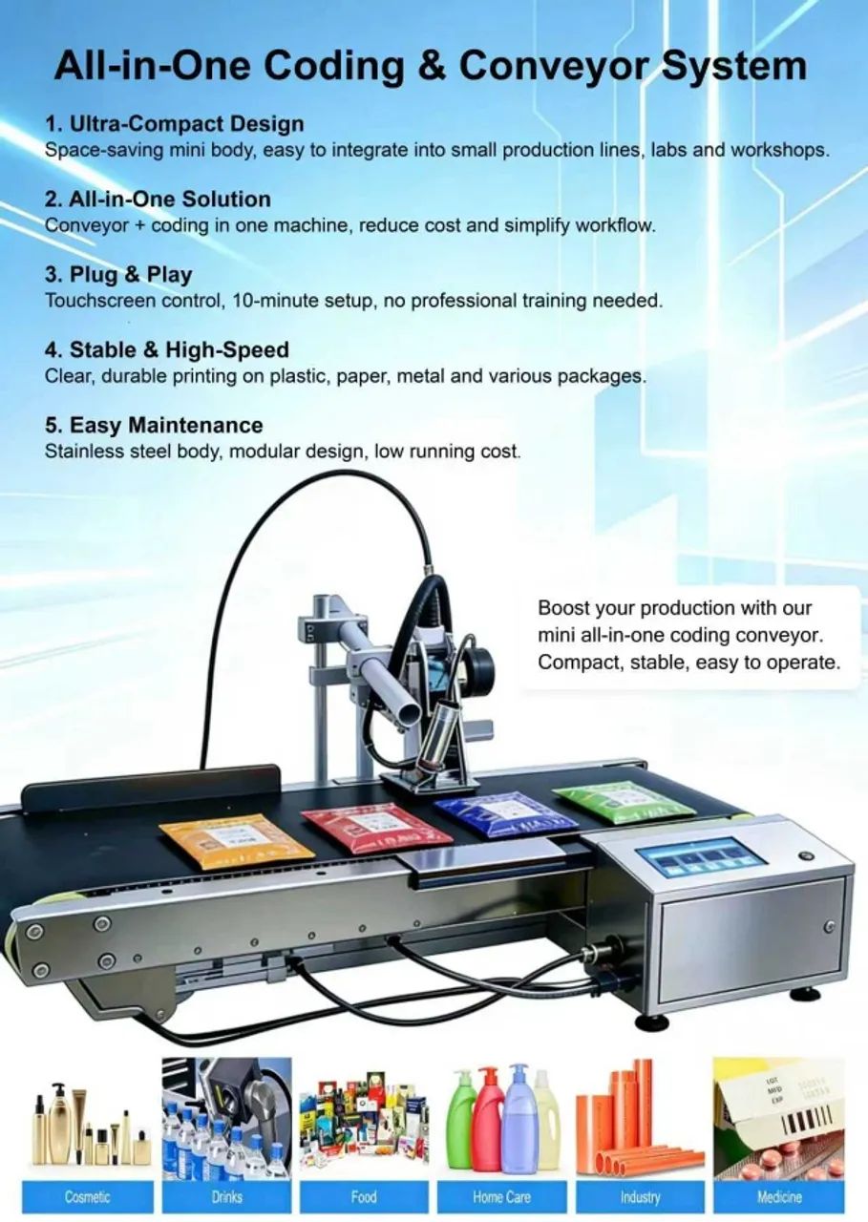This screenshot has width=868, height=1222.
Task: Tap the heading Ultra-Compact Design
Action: pyautogui.click(x=174, y=124)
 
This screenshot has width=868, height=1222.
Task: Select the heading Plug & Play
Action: pyautogui.click(x=118, y=274)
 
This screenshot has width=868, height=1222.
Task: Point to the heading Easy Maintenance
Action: pyautogui.click(x=154, y=425)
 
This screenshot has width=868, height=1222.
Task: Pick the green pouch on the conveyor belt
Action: pyautogui.click(x=624, y=800)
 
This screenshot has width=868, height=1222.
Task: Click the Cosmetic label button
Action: pyautogui.click(x=88, y=1197)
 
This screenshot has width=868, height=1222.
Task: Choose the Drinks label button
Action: pyautogui.click(x=226, y=1197)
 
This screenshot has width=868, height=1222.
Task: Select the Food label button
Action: pyautogui.click(x=364, y=1197)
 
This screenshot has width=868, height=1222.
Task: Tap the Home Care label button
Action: pyautogui.click(x=501, y=1197)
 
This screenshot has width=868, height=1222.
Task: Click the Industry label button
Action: pyautogui.click(x=640, y=1197)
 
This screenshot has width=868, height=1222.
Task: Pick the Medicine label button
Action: pyautogui.click(x=779, y=1197)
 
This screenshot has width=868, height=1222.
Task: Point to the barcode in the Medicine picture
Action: pyautogui.click(x=808, y=1121)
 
